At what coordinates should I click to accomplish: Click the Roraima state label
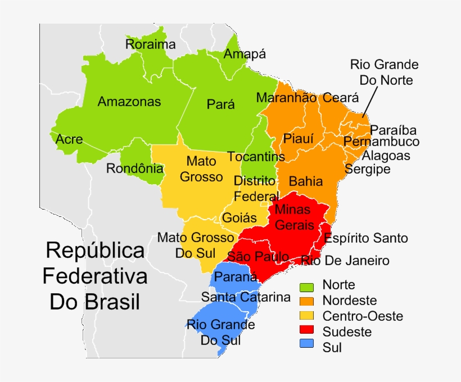(x=151, y=44)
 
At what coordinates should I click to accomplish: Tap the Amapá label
(x=245, y=54)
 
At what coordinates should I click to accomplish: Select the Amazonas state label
(x=129, y=102)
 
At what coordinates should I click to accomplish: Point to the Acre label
(x=69, y=139)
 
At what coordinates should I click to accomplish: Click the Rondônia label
(x=135, y=168)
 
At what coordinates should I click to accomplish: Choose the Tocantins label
(x=256, y=157)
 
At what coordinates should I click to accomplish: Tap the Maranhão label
(x=286, y=98)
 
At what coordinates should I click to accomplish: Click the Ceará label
(x=340, y=98)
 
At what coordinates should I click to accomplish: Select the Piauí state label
(x=298, y=138)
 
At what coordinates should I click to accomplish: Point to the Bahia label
(x=306, y=181)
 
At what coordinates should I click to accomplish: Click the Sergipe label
(x=368, y=169)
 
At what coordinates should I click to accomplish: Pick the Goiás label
(x=239, y=217)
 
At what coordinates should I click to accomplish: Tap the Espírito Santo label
(x=366, y=238)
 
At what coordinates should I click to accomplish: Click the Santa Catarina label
(x=246, y=297)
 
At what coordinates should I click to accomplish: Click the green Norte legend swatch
(x=307, y=286)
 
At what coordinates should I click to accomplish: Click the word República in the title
(x=95, y=251)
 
